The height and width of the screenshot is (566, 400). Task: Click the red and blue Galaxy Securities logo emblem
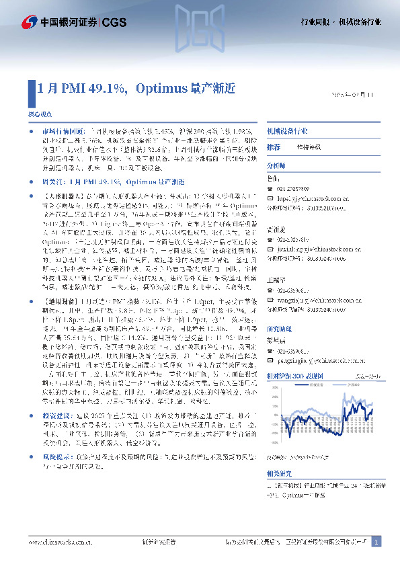[30, 22]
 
